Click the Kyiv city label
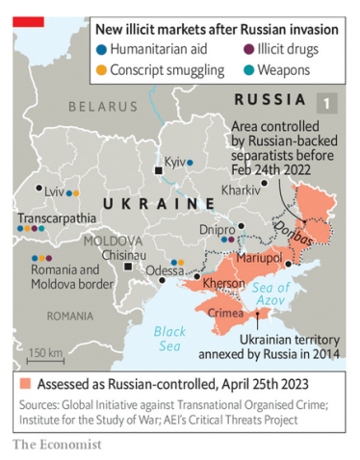coord(173,162)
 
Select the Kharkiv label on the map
coord(240,190)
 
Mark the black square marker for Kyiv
coord(159,170)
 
